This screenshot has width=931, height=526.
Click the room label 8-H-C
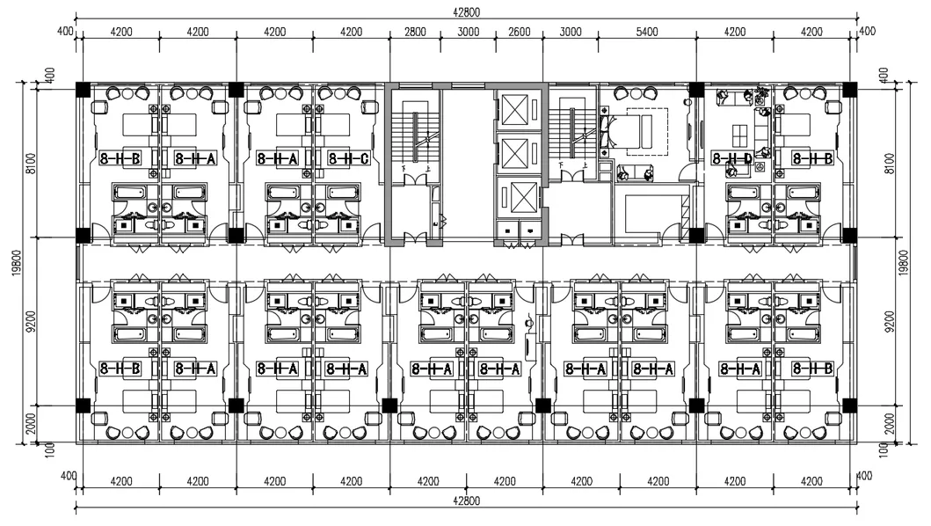pos(346,159)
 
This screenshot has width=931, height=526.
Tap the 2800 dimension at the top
pos(415,32)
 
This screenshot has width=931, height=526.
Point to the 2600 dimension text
pos(519,32)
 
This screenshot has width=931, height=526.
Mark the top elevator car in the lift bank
pos(514,109)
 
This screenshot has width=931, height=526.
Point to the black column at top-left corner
pos(83,89)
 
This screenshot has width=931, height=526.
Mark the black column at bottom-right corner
pos(849,405)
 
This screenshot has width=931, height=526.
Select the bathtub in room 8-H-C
pos(344,191)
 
